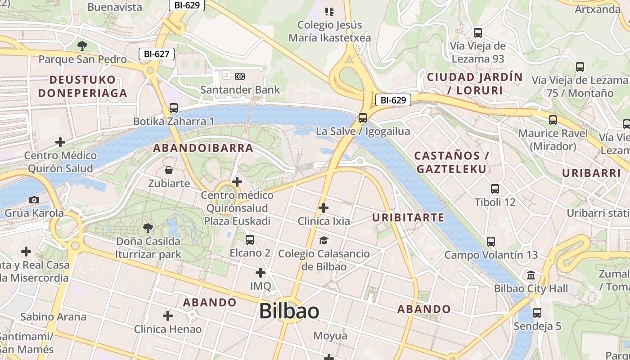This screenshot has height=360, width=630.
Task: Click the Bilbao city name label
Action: coord(289,311)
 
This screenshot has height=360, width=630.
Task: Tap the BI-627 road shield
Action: coord(156,54)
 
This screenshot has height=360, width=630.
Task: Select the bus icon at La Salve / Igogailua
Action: coord(363,118)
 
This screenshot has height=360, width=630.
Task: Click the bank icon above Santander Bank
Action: coord(240,76)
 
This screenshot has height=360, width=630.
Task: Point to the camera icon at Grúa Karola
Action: coord(34,200)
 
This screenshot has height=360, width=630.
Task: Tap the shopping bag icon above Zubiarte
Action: coord(169,170)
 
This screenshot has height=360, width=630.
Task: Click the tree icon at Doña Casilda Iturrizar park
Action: coord(148,229)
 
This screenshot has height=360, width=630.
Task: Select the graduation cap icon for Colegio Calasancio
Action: coord(324,240)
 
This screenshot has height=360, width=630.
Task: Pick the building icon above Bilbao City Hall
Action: coord(531,275)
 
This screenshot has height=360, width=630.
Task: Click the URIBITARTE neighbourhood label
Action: coord(408,218)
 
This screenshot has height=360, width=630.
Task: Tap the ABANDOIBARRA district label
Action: coord(203,148)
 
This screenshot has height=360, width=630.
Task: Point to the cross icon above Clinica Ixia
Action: coord(324,208)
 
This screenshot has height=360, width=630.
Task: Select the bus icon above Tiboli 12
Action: coord(495,189)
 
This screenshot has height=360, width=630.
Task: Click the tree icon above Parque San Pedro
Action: coord(82,45)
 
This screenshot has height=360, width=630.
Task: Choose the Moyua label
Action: coord(330,336)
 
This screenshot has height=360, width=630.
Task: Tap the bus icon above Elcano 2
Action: coord(250,240)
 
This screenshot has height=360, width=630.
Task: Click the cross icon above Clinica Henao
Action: coord(168,316)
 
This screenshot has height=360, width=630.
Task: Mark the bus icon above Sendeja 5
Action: coord(537,312)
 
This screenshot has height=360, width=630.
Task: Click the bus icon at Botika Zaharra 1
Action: coord(174,108)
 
